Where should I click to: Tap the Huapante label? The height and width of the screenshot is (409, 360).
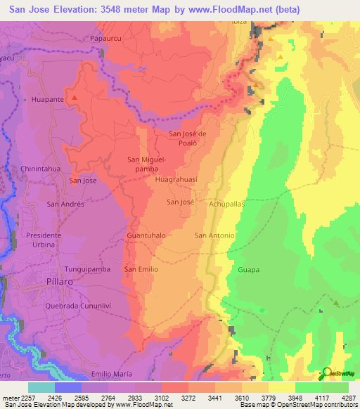coord(48,100)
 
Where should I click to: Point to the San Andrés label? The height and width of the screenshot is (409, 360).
coord(65,204)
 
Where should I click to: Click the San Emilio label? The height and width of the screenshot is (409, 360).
coord(141,269)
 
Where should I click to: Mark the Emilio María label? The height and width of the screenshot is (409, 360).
coord(112,374)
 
